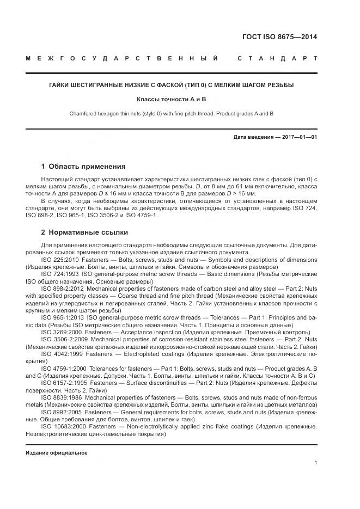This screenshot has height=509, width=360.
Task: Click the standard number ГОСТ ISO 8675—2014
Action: pos(279,38)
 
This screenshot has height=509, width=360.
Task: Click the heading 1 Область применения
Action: pos(83,167)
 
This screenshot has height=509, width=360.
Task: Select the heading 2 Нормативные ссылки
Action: pos(84,232)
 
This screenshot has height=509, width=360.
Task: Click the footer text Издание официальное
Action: pos(57,453)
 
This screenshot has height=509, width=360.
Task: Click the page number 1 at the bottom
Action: pos(316,463)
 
